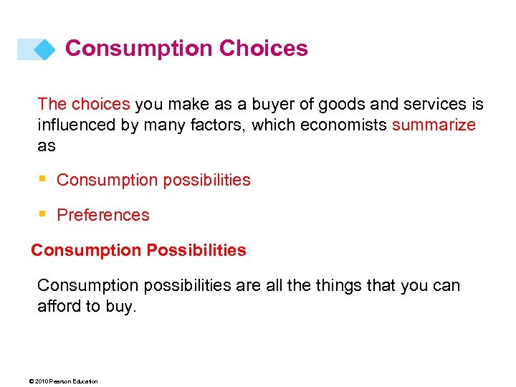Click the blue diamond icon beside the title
44,49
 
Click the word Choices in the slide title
264,49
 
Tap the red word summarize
434,125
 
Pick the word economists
343,125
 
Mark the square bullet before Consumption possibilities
43,179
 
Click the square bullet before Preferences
43,214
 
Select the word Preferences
103,215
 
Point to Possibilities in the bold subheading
196,251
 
